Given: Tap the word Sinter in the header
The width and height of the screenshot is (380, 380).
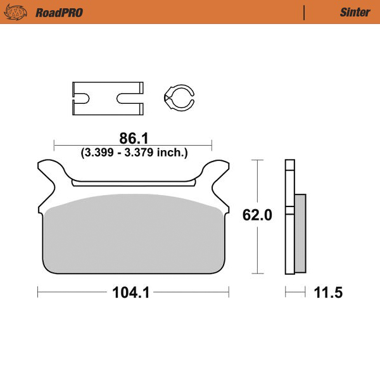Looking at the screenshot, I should coord(355,12).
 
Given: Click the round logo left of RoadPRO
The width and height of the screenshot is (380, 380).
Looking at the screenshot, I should coord(21,12).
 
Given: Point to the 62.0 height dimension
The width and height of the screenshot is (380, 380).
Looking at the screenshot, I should coord(257,215).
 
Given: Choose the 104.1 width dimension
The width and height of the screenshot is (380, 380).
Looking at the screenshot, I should coord(133,293).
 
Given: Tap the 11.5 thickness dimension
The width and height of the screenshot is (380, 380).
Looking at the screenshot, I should coord(328,293).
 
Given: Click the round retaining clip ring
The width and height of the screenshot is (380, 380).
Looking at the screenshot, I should coord(178,98).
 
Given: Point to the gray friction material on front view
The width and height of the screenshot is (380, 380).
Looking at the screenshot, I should coord(133,234).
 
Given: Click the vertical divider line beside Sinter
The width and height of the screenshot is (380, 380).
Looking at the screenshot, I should coord(305,12).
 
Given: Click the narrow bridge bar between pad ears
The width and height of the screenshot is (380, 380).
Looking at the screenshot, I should coord(133,183).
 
